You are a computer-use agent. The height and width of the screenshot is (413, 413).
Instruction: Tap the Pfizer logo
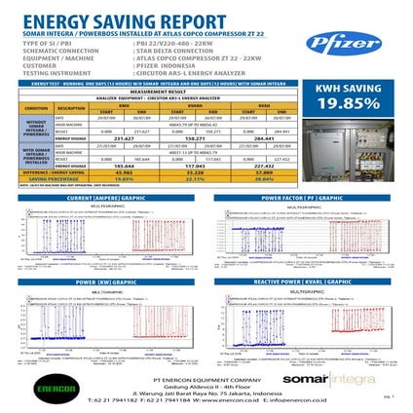click(336, 44)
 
